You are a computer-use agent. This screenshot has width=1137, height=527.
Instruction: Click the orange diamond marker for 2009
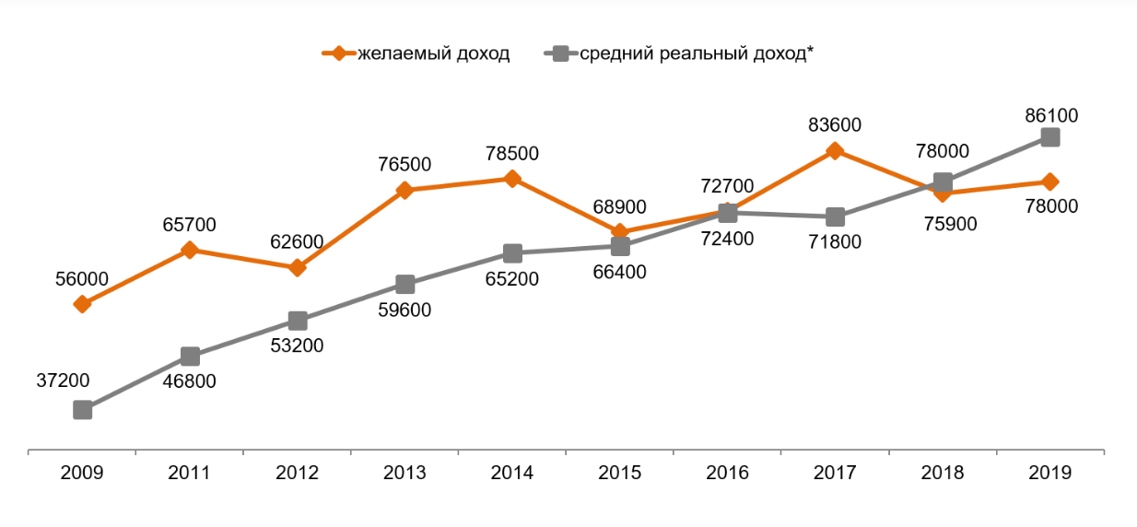(x=82, y=304)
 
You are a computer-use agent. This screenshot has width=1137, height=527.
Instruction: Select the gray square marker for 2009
(x=82, y=409)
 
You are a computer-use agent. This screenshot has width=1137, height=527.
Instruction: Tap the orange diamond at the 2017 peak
(x=835, y=150)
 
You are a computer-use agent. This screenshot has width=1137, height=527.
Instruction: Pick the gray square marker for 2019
(x=1049, y=137)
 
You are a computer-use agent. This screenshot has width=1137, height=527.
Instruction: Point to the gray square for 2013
(x=404, y=284)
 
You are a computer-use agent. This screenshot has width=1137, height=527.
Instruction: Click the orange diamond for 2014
(x=512, y=179)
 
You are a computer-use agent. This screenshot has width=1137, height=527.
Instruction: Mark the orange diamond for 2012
(x=297, y=268)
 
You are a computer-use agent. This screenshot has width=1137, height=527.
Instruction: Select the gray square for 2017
(x=835, y=217)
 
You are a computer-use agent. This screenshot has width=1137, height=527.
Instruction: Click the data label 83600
(x=835, y=124)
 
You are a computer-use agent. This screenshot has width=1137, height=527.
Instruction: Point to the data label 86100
(x=1051, y=116)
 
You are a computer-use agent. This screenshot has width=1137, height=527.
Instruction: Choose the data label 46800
(x=190, y=381)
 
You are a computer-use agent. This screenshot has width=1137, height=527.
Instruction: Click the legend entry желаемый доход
(x=432, y=53)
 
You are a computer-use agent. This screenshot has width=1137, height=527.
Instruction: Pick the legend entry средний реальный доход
(x=697, y=53)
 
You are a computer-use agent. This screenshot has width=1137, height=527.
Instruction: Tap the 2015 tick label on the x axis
(x=619, y=473)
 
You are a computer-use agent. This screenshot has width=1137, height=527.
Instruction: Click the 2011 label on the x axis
(x=190, y=473)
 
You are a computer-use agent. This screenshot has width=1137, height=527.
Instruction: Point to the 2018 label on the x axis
(x=942, y=473)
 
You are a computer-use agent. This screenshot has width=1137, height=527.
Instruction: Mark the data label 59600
(x=405, y=310)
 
